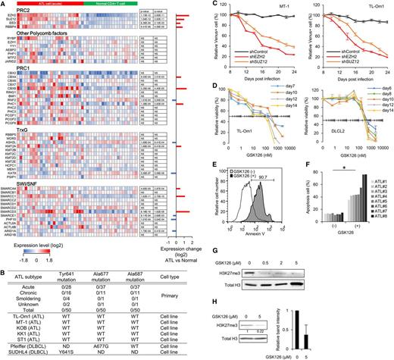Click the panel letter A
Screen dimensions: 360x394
pos(4,5)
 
